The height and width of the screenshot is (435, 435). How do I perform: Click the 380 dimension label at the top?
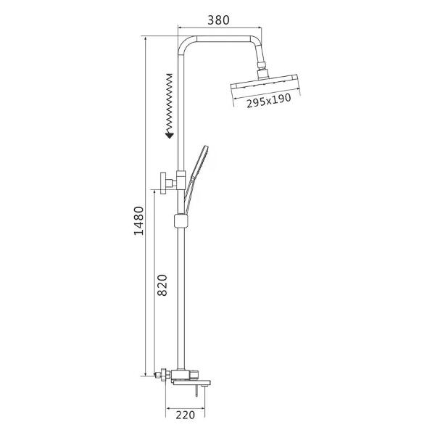click(x=219, y=20)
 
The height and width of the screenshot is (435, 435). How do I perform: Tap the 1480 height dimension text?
click(x=139, y=220)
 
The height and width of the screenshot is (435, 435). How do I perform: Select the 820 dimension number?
click(x=162, y=285)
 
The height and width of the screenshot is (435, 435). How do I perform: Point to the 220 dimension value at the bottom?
click(x=186, y=415)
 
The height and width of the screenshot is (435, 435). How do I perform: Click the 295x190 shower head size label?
click(x=269, y=101)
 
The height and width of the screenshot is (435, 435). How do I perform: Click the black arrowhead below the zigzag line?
click(x=169, y=136)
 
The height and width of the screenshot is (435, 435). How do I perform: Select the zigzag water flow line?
click(x=169, y=103)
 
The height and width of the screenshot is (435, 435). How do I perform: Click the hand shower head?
click(x=199, y=162)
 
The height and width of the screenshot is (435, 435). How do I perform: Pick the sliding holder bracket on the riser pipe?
click(x=181, y=221)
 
